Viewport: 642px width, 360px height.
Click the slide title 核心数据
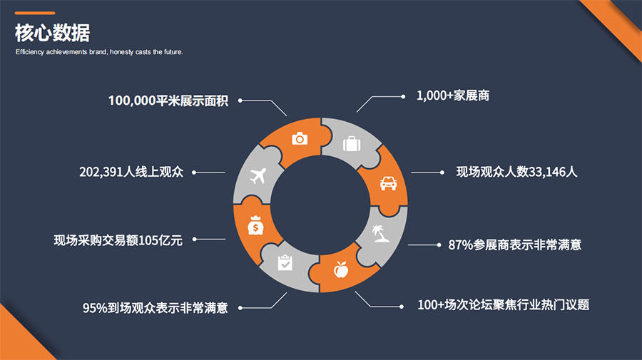pyautogui.click(x=53, y=34)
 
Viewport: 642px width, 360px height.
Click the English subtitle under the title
pyautogui.click(x=99, y=52)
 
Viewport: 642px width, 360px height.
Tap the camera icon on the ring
pyautogui.click(x=300, y=138)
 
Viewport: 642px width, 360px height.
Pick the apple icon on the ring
pyautogui.click(x=341, y=270)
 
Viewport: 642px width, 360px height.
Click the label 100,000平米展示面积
pyautogui.click(x=168, y=101)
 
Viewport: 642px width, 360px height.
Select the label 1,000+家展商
pyautogui.click(x=453, y=95)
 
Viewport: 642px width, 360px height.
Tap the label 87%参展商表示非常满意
pyautogui.click(x=514, y=245)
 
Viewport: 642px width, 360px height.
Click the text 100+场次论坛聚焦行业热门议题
pyautogui.click(x=504, y=304)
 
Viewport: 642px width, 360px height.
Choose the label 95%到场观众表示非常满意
pyautogui.click(x=155, y=308)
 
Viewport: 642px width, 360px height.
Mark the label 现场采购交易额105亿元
pyautogui.click(x=118, y=240)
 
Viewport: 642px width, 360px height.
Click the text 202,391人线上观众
pyautogui.click(x=131, y=172)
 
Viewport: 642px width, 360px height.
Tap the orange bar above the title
pyautogui.click(x=35, y=13)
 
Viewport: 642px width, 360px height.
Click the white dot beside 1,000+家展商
pyautogui.click(x=402, y=95)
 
